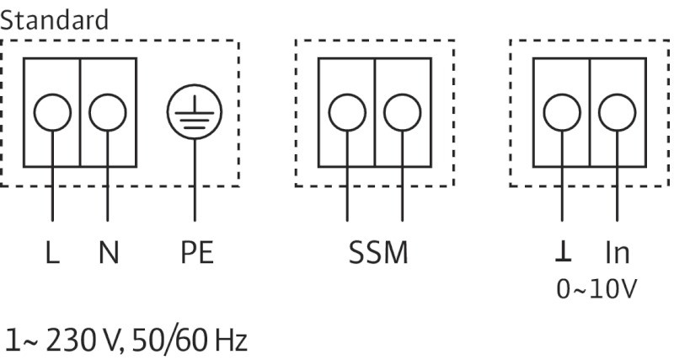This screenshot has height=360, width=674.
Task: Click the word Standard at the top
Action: (55, 19)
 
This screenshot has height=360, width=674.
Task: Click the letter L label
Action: (52, 253)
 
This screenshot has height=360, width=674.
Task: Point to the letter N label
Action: (108, 253)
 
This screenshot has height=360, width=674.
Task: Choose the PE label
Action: (195, 253)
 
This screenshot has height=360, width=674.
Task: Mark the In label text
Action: (618, 253)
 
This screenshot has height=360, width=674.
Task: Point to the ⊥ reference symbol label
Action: (562, 253)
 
